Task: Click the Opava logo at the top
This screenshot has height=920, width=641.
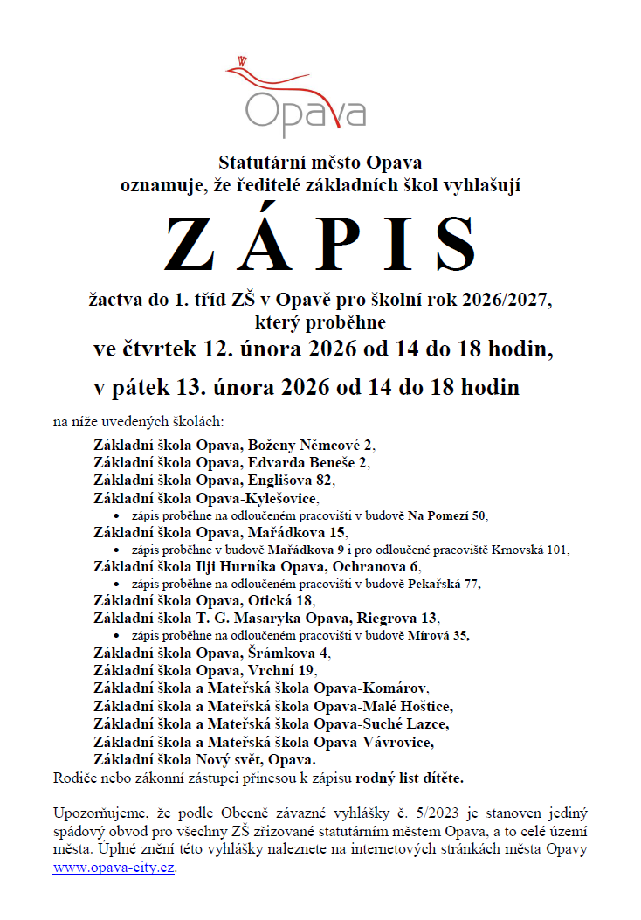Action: [x=305, y=96]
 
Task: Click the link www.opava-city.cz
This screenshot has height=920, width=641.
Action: [x=114, y=868]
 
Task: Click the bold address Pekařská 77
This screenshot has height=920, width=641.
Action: [x=442, y=584]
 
